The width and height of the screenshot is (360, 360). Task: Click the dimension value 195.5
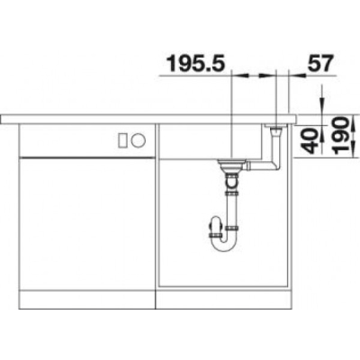point(195,64)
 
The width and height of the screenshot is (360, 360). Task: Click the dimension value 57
point(320,63)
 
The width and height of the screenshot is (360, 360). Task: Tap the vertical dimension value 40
point(309,140)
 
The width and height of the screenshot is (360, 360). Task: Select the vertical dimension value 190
point(341,136)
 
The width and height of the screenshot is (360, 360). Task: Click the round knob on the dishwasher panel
point(139,139)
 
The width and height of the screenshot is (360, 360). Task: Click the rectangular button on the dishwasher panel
point(123,140)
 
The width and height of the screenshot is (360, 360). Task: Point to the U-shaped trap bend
point(224,243)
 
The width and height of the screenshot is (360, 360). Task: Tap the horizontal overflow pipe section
point(262,166)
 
